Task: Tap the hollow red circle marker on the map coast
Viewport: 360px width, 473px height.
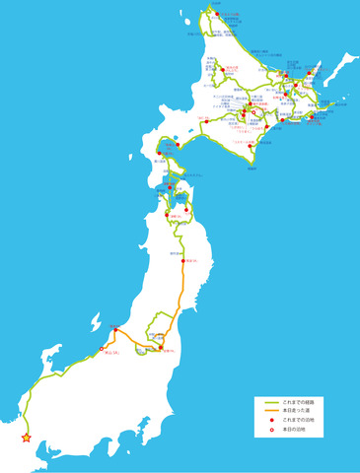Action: pyautogui.click(x=101, y=349)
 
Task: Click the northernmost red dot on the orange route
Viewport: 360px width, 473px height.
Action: pyautogui.click(x=182, y=260)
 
